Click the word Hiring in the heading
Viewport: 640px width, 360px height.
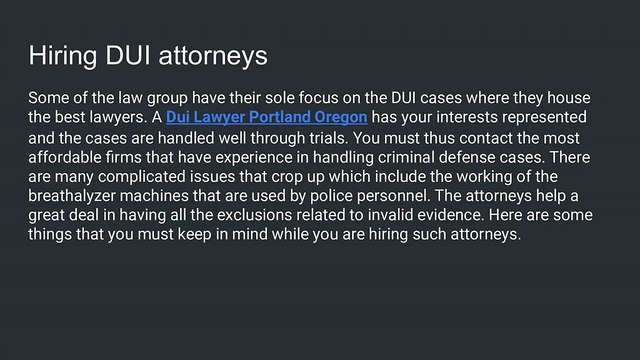[63, 56]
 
